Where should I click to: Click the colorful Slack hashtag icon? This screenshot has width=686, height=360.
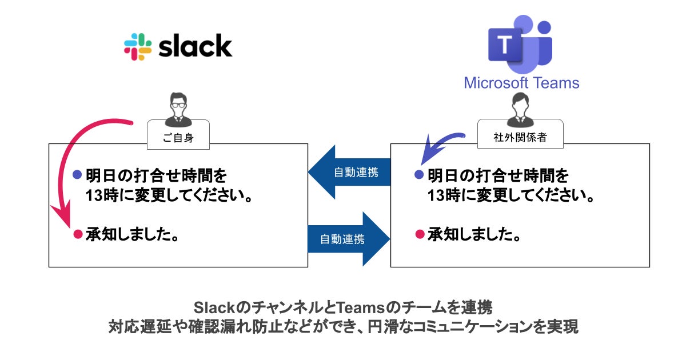click(138, 47)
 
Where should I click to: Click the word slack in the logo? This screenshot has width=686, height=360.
click(196, 46)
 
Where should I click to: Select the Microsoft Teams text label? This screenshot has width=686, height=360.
click(521, 83)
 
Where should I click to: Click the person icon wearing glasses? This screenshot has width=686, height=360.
click(178, 110)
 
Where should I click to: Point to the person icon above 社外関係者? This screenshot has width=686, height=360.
click(520, 110)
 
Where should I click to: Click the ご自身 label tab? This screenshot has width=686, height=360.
click(178, 138)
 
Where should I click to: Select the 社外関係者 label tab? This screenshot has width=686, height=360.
click(520, 137)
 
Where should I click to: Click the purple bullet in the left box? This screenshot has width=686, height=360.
click(77, 174)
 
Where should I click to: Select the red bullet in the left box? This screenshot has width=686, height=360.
click(78, 234)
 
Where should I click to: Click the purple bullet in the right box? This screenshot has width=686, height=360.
click(419, 174)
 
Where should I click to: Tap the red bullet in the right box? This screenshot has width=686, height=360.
click(420, 234)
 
